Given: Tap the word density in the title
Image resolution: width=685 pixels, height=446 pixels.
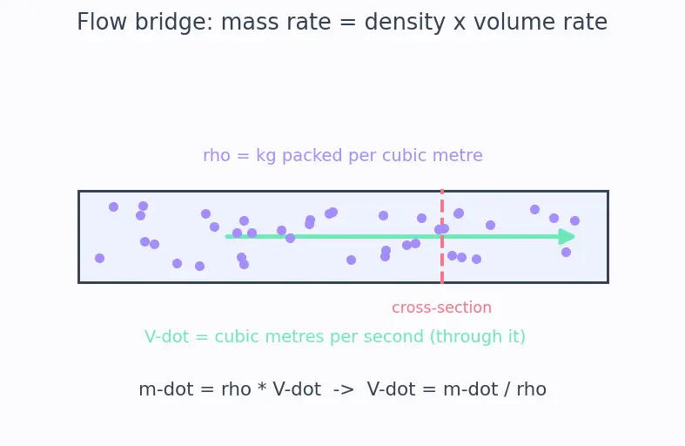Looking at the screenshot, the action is click(405, 22).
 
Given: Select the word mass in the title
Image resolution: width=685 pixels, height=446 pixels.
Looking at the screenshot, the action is click(248, 22).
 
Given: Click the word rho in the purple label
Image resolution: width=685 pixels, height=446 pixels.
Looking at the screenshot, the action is click(217, 156).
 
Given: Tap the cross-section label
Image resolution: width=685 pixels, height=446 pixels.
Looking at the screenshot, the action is click(441, 307).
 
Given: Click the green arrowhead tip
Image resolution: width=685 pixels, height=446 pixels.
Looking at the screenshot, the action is click(575, 237).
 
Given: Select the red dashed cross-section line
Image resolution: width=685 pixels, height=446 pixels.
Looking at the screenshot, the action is click(442, 237).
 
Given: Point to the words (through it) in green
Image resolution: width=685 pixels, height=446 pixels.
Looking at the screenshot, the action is click(478, 337).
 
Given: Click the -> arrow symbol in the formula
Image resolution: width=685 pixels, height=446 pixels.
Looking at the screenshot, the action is click(344, 389).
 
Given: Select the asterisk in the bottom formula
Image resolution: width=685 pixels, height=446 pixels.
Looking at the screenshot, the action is click(262, 388).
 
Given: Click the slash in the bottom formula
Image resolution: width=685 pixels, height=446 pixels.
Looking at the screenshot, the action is click(507, 389).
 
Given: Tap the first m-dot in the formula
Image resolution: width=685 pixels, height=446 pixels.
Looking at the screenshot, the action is click(166, 389).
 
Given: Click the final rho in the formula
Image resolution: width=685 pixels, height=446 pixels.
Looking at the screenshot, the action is click(531, 389).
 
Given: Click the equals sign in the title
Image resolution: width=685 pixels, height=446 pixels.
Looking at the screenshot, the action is click(348, 22).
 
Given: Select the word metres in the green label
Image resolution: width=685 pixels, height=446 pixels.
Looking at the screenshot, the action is click(295, 337).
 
